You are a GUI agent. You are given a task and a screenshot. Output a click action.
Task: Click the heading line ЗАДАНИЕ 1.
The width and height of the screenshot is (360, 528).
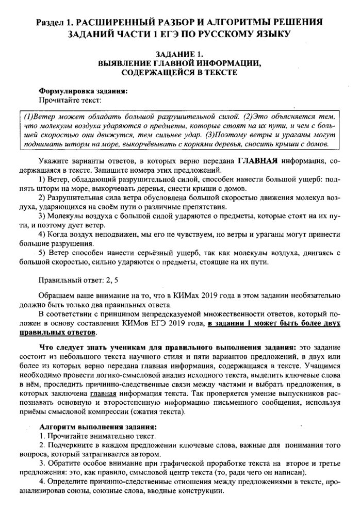[180, 54]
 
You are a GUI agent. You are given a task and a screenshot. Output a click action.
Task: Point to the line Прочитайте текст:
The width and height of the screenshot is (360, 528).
[70, 99]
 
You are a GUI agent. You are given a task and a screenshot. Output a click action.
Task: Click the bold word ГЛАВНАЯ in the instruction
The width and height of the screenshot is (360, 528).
[257, 161]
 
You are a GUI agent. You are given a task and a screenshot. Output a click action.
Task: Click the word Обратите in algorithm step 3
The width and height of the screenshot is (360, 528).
[60, 464]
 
